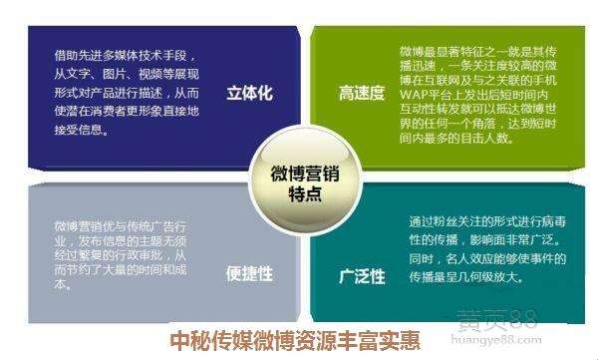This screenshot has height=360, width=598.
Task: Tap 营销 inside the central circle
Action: point(317,173)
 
